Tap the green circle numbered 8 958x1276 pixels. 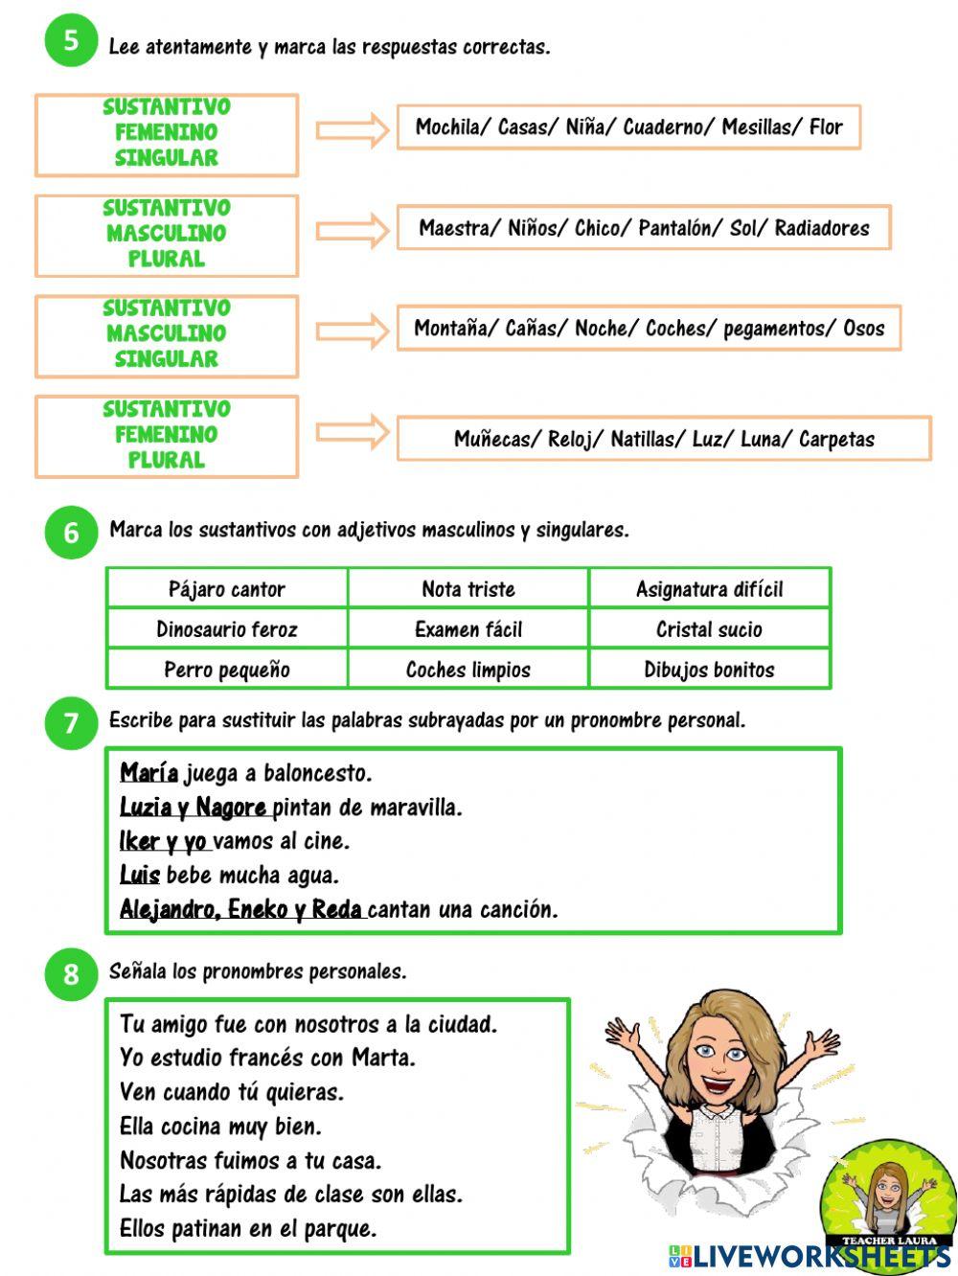[71, 974]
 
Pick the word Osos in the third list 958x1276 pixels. [863, 329]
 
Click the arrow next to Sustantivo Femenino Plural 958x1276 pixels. [353, 433]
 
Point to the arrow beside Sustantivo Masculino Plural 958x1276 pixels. [353, 231]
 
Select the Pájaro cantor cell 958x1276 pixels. [227, 589]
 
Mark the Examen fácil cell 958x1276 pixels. [468, 629]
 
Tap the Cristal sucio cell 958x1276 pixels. [709, 629]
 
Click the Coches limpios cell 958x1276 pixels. [468, 670]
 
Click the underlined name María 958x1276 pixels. [149, 773]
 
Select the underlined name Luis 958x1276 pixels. [140, 875]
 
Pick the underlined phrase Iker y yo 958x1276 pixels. [163, 841]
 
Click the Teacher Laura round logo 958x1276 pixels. [887, 1197]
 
